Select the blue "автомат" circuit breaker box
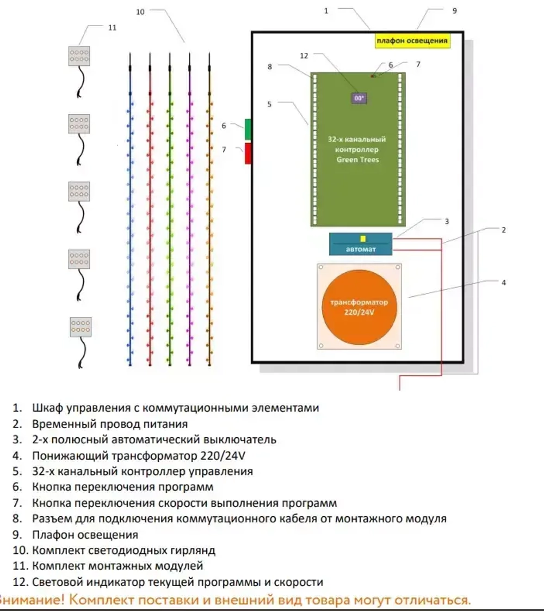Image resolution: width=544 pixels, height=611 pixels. tap(360, 244)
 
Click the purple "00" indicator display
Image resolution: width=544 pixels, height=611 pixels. tap(359, 99)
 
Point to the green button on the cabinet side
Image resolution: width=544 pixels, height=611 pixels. tap(248, 129)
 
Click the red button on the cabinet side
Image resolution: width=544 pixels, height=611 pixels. tap(248, 153)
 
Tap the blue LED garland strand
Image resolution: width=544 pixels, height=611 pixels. tap(131, 218)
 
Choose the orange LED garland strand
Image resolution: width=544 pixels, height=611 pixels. tap(209, 218)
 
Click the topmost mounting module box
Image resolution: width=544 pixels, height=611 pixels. tap(79, 56)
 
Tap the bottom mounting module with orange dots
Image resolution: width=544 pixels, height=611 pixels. tap(81, 327)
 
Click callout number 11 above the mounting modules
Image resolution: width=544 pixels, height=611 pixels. tap(112, 27)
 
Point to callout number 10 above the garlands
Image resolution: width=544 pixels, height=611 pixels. tap(140, 12)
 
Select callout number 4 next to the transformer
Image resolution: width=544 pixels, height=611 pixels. tap(504, 283)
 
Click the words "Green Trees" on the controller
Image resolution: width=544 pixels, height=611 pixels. tap(357, 160)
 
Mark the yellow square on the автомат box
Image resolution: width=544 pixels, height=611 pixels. tap(363, 239)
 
